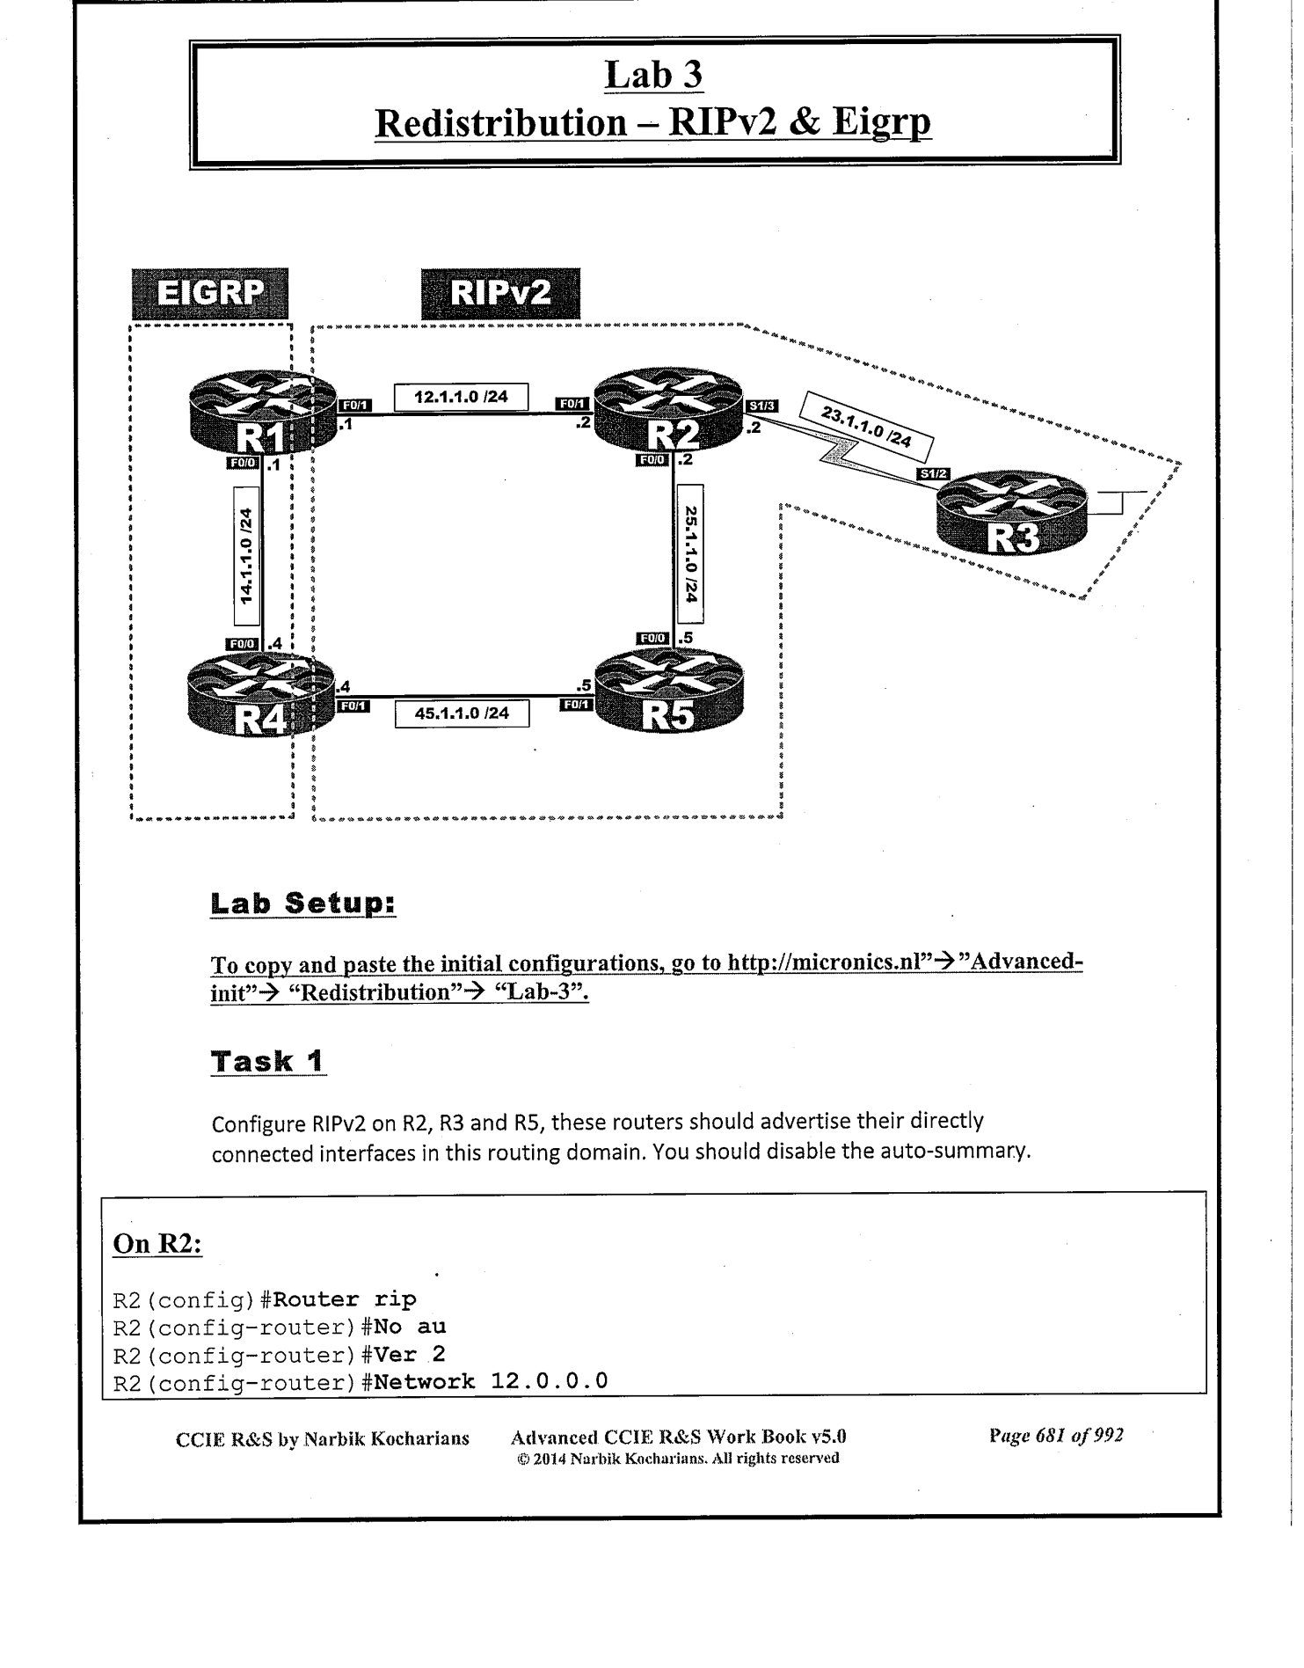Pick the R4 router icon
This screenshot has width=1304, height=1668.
(x=263, y=696)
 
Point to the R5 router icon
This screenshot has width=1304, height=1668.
(x=669, y=696)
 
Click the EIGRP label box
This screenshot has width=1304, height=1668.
(x=210, y=294)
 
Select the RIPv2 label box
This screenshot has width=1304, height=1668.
(x=500, y=294)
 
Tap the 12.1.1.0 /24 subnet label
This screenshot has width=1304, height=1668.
(x=461, y=397)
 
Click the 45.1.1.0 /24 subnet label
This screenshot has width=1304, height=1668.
(x=462, y=713)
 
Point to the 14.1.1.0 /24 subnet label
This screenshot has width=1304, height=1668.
(x=247, y=556)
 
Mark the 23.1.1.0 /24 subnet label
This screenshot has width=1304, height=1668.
(x=866, y=427)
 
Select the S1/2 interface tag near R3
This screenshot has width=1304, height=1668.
(x=933, y=474)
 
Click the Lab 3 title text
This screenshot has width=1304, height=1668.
(x=654, y=76)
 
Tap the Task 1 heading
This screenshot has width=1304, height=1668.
(x=268, y=1061)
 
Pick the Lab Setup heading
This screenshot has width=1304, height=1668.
(x=303, y=903)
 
